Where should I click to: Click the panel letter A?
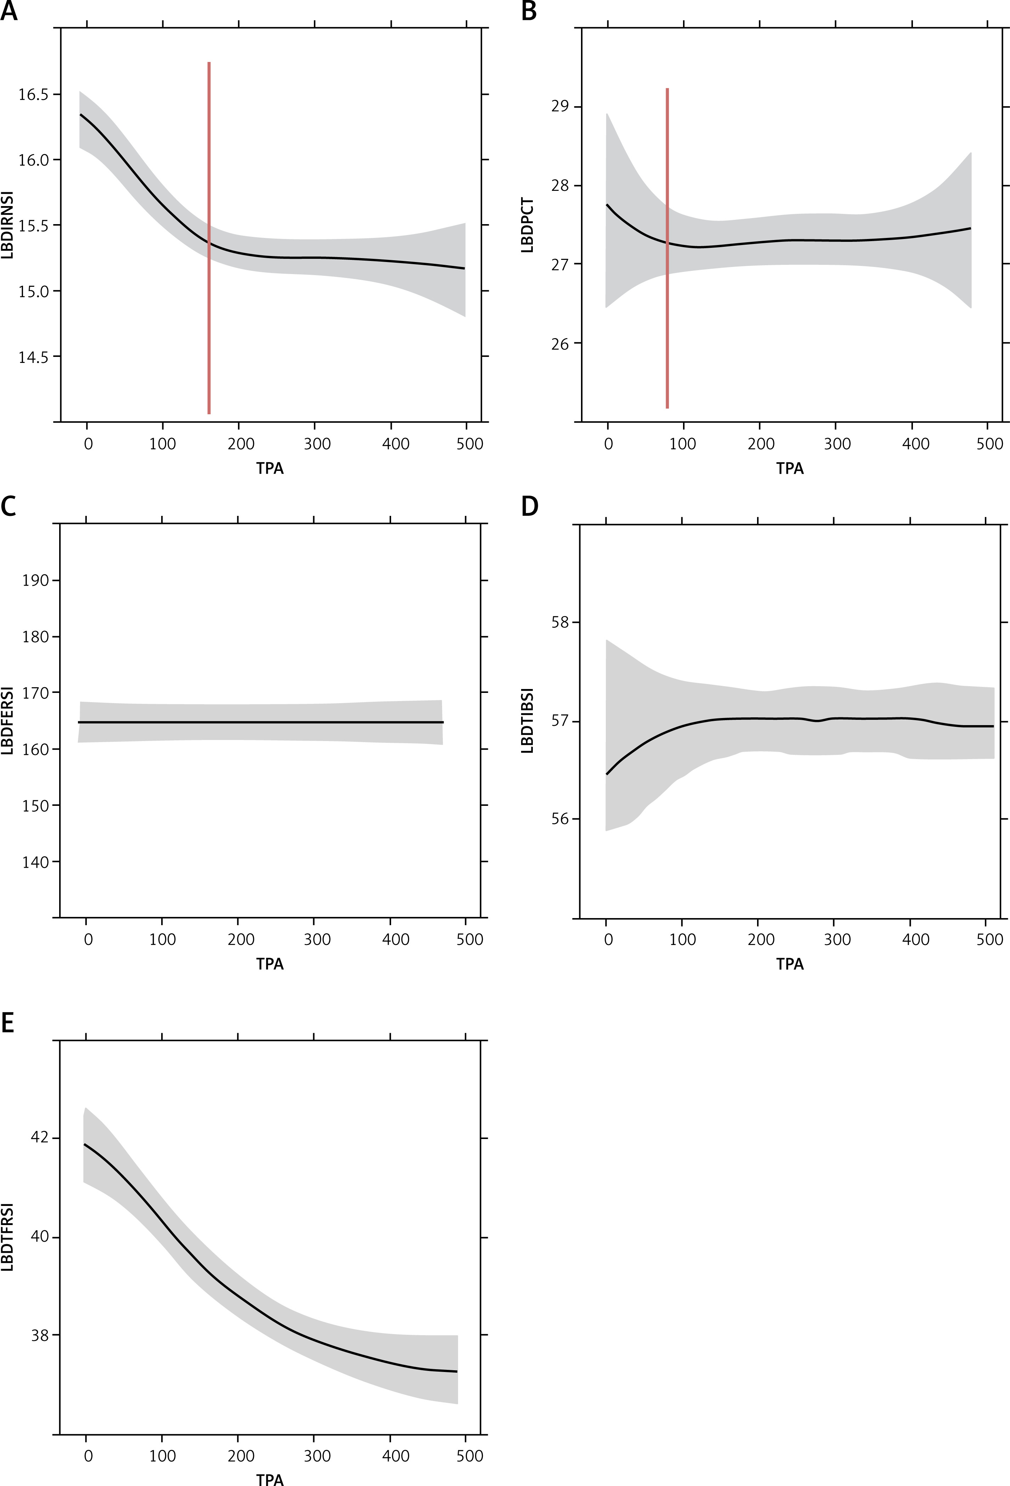pyautogui.click(x=9, y=12)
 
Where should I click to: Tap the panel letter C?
pyautogui.click(x=9, y=506)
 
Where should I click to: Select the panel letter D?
pyautogui.click(x=530, y=506)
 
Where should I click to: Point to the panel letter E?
pyautogui.click(x=8, y=1023)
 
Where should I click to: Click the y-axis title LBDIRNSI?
pyautogui.click(x=8, y=225)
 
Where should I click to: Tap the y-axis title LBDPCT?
pyautogui.click(x=528, y=225)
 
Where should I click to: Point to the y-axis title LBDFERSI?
pyautogui.click(x=8, y=721)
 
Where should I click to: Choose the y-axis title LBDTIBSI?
pyautogui.click(x=528, y=721)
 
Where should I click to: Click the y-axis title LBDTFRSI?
pyautogui.click(x=8, y=1237)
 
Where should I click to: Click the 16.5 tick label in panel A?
pyautogui.click(x=33, y=95)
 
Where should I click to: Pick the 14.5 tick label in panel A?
pyautogui.click(x=33, y=357)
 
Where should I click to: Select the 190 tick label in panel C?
pyautogui.click(x=36, y=581)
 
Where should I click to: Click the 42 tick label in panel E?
pyautogui.click(x=40, y=1139)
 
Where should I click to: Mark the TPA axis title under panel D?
pyautogui.click(x=789, y=964)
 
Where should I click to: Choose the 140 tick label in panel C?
pyautogui.click(x=36, y=862)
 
